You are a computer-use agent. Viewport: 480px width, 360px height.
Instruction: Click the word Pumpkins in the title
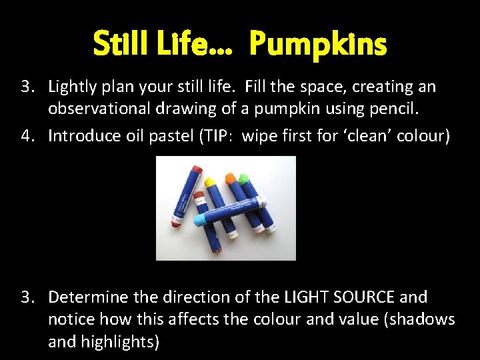318,45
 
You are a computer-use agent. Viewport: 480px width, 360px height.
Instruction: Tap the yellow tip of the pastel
209,181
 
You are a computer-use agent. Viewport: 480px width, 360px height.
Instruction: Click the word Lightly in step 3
73,87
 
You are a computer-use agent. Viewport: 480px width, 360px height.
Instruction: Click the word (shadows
420,319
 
